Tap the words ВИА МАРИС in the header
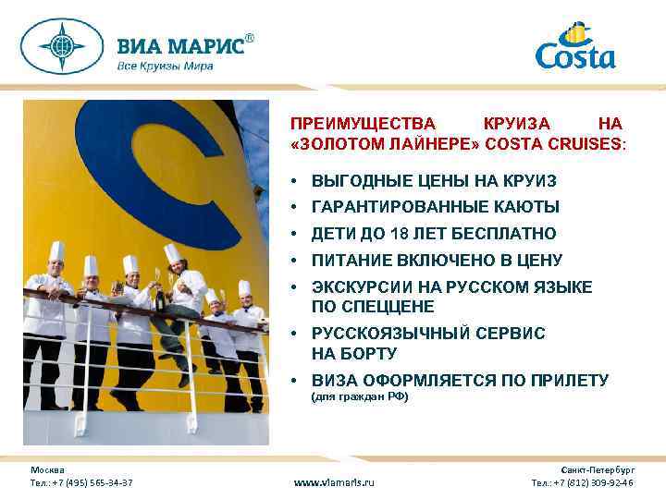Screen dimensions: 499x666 pos(179,46)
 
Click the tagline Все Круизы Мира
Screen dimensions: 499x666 pos(165,66)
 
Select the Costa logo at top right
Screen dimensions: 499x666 pos(574,47)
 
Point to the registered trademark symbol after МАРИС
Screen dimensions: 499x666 pos(249,38)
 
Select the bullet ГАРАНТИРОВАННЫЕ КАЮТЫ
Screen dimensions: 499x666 pos(435,207)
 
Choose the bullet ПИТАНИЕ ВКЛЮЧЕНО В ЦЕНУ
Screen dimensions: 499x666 pos(437,261)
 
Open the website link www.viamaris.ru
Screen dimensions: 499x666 pos(334,482)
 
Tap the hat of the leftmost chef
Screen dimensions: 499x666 pos(56,250)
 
